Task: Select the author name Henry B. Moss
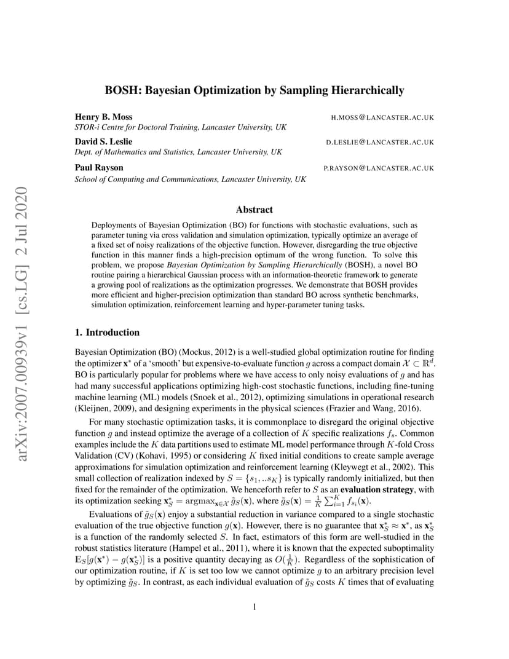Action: click(103, 117)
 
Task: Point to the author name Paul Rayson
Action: click(99, 167)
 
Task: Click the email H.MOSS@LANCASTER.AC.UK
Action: click(382, 117)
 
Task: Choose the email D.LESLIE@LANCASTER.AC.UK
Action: click(380, 143)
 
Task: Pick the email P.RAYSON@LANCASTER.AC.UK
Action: click(379, 168)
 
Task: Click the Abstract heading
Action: click(254, 210)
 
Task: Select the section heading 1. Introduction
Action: click(107, 333)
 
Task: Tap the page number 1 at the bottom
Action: click(254, 607)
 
